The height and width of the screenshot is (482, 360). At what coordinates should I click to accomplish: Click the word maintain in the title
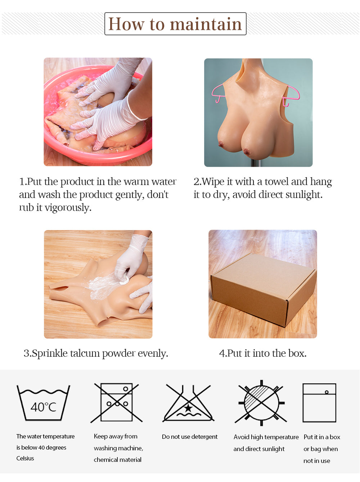click(x=206, y=24)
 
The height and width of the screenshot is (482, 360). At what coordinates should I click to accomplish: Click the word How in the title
click(x=126, y=24)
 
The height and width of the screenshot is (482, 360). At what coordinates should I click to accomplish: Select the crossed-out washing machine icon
click(x=117, y=402)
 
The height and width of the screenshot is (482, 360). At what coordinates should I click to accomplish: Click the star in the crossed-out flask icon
click(x=188, y=408)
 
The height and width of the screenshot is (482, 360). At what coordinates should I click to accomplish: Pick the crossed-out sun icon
click(x=261, y=403)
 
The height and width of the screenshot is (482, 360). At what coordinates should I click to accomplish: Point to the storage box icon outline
click(x=319, y=403)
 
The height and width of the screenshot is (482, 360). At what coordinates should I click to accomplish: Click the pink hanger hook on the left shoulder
click(x=218, y=93)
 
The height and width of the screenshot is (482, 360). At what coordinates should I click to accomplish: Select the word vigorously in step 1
click(x=68, y=207)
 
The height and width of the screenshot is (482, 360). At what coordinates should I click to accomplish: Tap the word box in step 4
click(x=297, y=353)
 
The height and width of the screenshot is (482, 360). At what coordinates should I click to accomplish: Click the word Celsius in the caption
click(x=25, y=458)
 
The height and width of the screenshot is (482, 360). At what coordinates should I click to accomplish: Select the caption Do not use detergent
click(x=190, y=437)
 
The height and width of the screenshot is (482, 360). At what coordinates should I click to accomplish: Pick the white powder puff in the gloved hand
click(x=125, y=280)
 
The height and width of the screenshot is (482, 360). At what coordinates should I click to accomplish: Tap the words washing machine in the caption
click(x=118, y=448)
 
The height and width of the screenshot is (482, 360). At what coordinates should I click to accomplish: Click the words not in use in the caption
click(x=317, y=461)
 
